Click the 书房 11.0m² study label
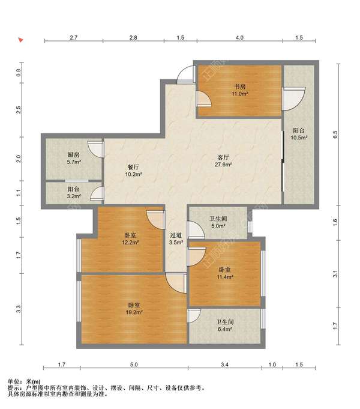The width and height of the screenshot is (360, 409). point(240,90)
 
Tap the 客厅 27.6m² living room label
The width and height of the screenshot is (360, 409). point(223,161)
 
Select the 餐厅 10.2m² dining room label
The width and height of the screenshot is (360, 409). point(133,171)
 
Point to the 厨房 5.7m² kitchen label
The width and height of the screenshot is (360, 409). point(74,158)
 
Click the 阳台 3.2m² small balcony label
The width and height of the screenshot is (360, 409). point(74,193)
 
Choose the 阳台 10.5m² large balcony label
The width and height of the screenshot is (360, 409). point(299,134)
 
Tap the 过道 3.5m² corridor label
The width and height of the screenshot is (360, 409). point(176,238)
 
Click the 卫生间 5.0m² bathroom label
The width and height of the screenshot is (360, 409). point(218,222)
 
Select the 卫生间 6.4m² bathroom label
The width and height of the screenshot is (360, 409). point(225,326)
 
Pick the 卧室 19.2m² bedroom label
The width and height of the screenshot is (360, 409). point(134,309)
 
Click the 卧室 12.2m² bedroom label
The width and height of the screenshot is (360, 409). point(130,238)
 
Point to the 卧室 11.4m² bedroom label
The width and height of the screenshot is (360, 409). point(225,273)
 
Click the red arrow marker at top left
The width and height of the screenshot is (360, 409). point(20,40)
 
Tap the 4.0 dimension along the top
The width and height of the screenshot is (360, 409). point(239,38)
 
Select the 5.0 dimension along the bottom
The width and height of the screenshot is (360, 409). point(134,365)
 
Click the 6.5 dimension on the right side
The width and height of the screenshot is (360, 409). point(335,135)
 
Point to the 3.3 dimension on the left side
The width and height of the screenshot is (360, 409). point(18,309)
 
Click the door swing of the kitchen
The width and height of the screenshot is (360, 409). point(96,149)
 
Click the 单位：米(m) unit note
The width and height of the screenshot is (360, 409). point(24,382)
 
